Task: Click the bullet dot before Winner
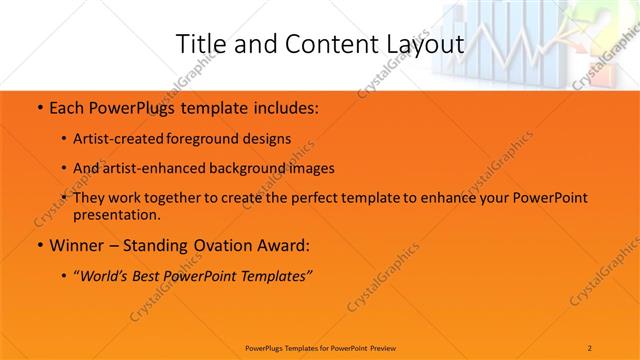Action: point(38,246)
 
